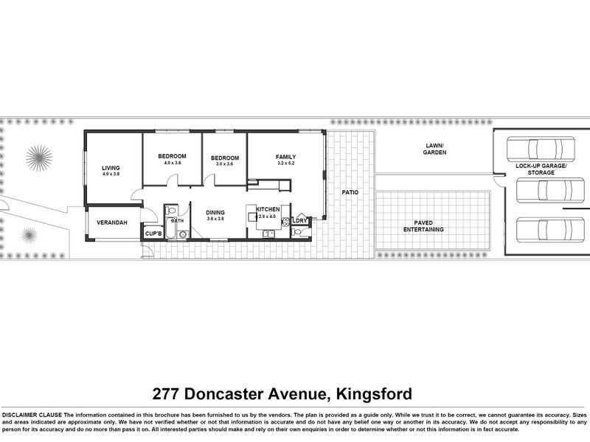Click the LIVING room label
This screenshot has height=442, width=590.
111,168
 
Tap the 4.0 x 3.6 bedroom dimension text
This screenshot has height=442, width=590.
171,164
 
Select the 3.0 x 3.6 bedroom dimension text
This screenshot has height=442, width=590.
224,164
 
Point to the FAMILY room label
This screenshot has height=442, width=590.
285,157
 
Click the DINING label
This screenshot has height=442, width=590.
215,212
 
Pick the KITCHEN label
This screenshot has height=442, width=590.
268,210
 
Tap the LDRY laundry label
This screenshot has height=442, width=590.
299,220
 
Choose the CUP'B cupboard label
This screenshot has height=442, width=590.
153,233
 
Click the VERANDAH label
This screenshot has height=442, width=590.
112,222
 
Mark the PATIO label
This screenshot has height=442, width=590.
350,192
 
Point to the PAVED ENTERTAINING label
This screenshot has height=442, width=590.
423,225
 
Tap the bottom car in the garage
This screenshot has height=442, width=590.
542,229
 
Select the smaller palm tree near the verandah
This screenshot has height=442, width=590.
28,236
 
